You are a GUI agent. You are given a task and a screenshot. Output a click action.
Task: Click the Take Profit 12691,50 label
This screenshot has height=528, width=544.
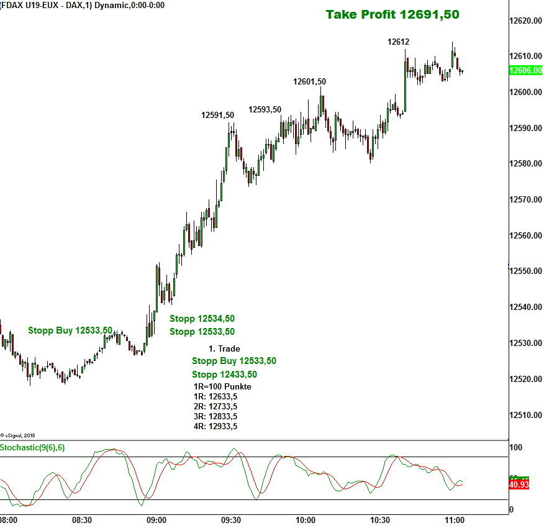click(392, 14)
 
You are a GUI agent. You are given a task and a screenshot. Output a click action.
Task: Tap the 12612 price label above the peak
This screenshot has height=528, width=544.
click(398, 42)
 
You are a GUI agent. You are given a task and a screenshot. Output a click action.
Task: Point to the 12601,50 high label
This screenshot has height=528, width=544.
click(309, 81)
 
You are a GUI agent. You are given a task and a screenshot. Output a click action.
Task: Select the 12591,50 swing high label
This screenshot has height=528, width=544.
click(217, 115)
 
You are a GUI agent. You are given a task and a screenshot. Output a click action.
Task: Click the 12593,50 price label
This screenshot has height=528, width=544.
click(265, 109)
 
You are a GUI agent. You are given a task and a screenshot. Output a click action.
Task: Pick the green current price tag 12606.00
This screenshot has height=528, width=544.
click(525, 71)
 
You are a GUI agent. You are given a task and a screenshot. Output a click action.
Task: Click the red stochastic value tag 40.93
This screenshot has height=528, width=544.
click(519, 485)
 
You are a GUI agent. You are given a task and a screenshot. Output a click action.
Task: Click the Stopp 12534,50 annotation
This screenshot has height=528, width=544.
click(202, 319)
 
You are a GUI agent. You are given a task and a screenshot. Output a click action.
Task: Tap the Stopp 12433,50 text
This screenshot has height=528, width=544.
click(224, 375)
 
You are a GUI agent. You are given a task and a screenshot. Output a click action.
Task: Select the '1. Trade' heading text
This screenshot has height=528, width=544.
click(224, 348)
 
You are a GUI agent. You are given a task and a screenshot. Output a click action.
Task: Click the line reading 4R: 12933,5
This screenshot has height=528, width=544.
click(215, 426)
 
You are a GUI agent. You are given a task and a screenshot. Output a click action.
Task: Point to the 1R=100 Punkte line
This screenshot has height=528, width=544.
click(222, 386)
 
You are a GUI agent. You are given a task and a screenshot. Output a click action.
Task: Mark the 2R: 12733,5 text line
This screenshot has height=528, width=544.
click(215, 406)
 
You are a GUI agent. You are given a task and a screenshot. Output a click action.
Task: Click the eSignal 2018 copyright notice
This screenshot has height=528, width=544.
click(18, 435)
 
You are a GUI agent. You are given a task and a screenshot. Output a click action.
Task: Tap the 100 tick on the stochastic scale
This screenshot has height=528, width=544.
click(515, 447)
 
